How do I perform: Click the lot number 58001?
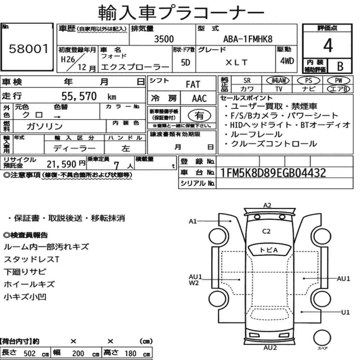click(x=29, y=49)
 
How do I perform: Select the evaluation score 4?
click(x=328, y=45)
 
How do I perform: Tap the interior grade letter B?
click(x=340, y=66)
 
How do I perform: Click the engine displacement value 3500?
click(x=164, y=39)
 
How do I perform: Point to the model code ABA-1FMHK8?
click(x=248, y=39)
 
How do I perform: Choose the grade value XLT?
click(x=236, y=62)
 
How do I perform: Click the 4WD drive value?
click(x=287, y=61)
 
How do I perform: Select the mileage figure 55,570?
click(x=79, y=96)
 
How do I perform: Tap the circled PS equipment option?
click(x=309, y=81)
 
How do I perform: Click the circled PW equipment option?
click(x=338, y=81)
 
